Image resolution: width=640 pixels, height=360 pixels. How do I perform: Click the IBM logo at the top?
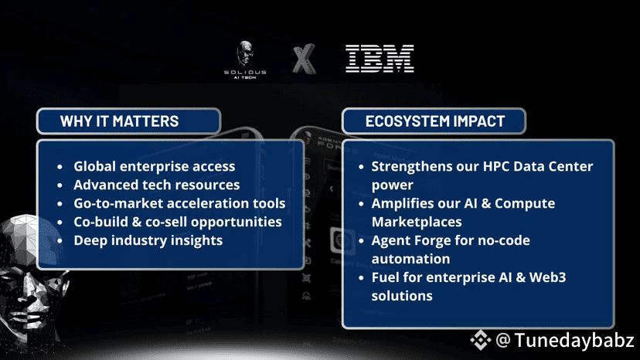pyautogui.click(x=380, y=59)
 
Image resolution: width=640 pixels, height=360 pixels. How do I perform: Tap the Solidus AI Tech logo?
pyautogui.click(x=245, y=59)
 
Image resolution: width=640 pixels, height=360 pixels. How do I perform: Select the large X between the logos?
pyautogui.click(x=304, y=59)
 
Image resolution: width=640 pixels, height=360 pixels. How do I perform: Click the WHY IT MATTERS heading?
pyautogui.click(x=119, y=121)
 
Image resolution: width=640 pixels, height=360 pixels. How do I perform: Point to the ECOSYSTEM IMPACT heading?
pyautogui.click(x=435, y=121)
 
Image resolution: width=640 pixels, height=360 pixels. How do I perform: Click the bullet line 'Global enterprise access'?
pyautogui.click(x=155, y=167)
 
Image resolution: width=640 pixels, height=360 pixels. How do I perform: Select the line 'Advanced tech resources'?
pyautogui.click(x=157, y=185)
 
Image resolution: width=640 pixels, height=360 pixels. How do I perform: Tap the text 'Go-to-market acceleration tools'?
pyautogui.click(x=179, y=203)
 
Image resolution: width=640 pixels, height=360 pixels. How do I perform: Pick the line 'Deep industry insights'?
pyautogui.click(x=148, y=240)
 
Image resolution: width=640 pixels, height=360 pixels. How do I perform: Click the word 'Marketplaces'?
pyautogui.click(x=417, y=222)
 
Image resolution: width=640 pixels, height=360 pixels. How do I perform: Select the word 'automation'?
pyautogui.click(x=410, y=259)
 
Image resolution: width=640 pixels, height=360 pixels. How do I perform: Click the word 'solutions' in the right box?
pyautogui.click(x=402, y=296)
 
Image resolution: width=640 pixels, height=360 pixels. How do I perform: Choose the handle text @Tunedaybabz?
pyautogui.click(x=565, y=341)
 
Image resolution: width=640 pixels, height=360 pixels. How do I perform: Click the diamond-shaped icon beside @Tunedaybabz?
pyautogui.click(x=481, y=340)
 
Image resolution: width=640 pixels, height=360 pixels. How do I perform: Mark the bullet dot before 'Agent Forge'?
pyautogui.click(x=361, y=241)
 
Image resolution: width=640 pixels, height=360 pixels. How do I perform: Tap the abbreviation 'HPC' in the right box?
pyautogui.click(x=496, y=167)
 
